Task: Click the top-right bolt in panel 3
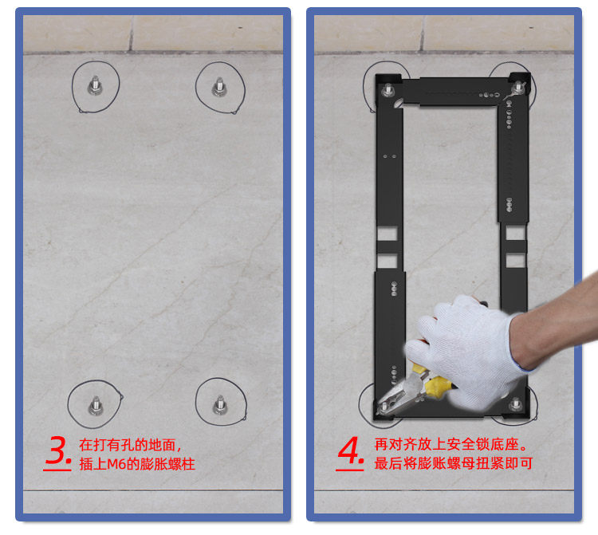219,87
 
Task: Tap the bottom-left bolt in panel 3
96,406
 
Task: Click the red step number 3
57,451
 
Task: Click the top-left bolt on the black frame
388,90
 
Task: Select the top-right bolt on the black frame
517,88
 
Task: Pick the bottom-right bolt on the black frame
516,404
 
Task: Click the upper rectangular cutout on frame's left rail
388,234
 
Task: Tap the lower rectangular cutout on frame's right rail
516,261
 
